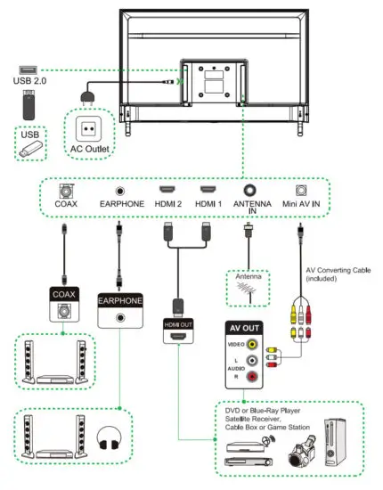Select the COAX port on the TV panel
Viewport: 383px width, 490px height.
(x=65, y=192)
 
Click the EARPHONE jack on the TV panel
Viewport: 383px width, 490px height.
(x=118, y=192)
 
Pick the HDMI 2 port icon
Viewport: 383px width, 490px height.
(x=166, y=192)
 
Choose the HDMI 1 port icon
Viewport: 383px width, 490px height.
(x=207, y=192)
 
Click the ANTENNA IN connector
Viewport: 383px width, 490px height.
(x=250, y=192)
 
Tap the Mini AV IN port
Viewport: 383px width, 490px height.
(x=301, y=192)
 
